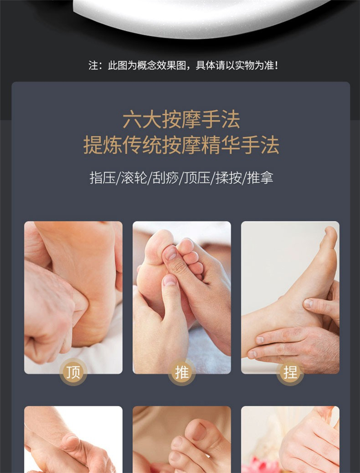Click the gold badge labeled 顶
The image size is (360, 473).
73,372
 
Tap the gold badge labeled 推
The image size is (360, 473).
181,372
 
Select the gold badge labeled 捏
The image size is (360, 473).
290,372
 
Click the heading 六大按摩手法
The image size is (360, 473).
181,120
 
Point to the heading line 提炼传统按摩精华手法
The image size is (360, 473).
181,145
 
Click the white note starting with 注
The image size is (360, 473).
183,65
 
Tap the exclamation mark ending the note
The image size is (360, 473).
276,65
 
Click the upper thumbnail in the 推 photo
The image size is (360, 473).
170,252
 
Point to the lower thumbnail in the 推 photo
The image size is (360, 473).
169,281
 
